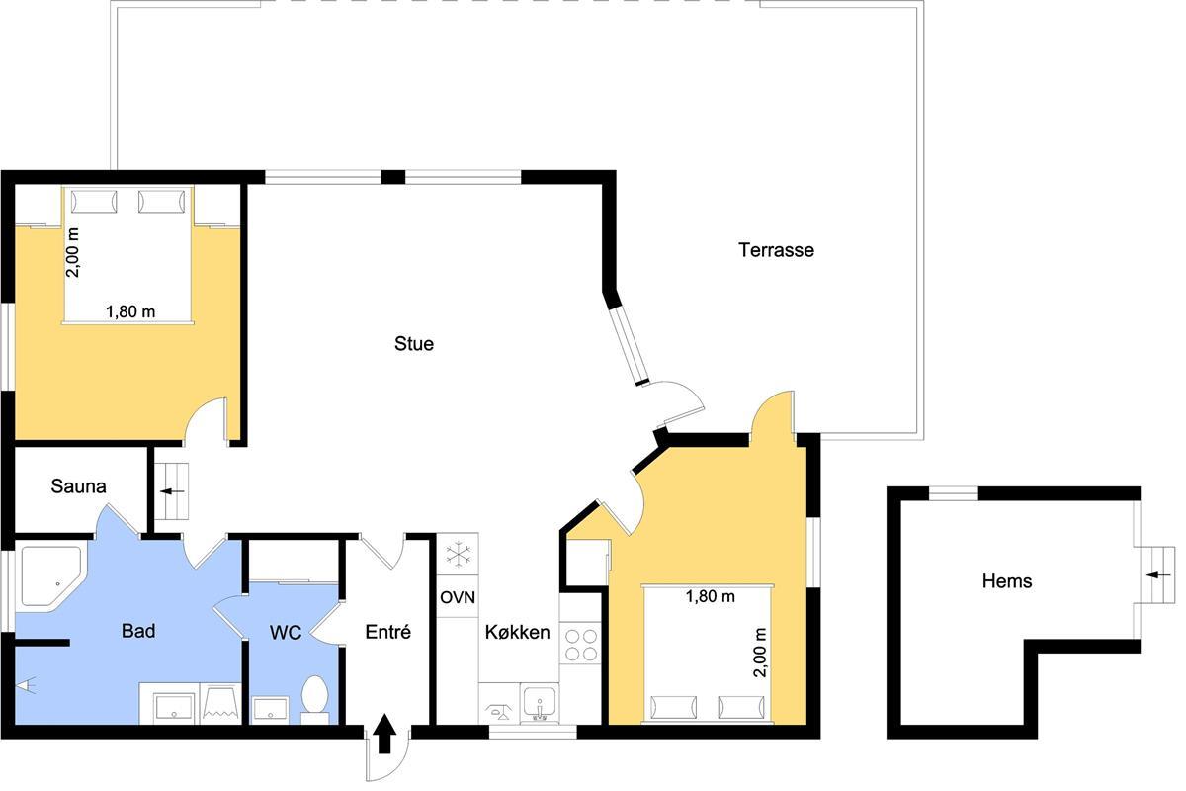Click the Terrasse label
click(776, 250)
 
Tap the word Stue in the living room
click(414, 344)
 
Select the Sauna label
click(78, 486)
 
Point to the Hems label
click(1006, 581)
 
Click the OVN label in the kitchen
click(458, 597)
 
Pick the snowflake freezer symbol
click(458, 554)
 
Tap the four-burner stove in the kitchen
click(581, 645)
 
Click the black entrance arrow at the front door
click(384, 734)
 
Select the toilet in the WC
click(314, 699)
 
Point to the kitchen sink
click(539, 703)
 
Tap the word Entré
click(388, 632)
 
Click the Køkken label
click(517, 632)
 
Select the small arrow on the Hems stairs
click(1158, 574)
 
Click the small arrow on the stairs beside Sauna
click(172, 491)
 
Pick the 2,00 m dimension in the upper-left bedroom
click(72, 253)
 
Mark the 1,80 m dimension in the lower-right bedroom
click(710, 597)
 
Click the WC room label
click(286, 632)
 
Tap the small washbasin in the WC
click(270, 709)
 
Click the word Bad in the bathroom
click(138, 631)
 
